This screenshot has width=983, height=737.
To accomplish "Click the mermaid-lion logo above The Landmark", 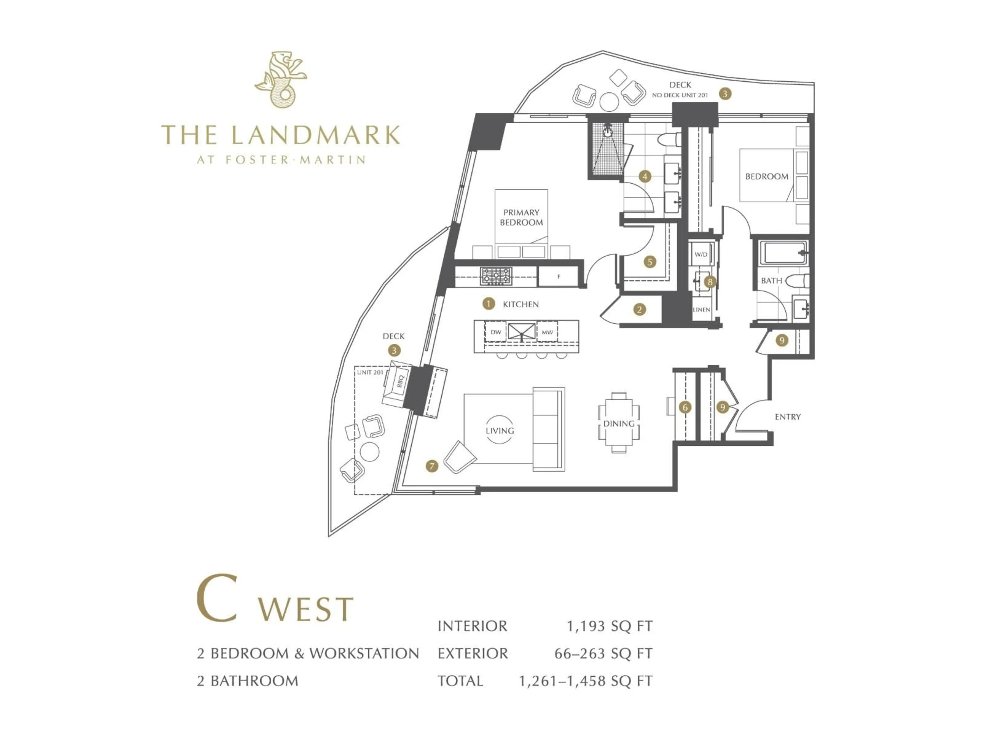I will tap(281, 79).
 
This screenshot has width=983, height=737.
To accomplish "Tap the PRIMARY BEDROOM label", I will tap(521, 217).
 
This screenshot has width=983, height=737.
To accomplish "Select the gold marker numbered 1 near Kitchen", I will tap(488, 304).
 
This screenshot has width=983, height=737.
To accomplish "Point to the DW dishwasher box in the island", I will tap(496, 332).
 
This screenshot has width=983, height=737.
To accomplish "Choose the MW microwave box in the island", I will tap(547, 332).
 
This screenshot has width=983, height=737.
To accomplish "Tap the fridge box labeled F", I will tap(559, 276).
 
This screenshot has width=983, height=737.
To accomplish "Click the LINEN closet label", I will tap(701, 310).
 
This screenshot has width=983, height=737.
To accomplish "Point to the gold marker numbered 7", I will tap(432, 466).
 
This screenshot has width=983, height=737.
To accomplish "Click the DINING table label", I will tap(618, 423).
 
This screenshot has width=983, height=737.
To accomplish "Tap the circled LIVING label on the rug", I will tap(499, 430).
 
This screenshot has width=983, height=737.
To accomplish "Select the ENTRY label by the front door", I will tap(787, 417).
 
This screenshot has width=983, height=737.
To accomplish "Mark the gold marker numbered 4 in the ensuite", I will tap(645, 176).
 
